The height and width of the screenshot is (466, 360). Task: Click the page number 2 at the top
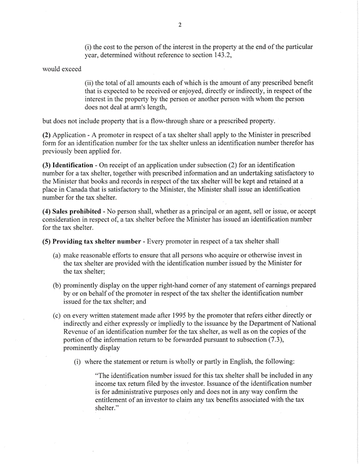[180, 24]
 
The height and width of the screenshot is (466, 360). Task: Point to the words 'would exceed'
[61, 69]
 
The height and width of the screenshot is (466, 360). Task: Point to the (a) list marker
[57, 255]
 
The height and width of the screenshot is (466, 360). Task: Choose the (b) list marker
[57, 285]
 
